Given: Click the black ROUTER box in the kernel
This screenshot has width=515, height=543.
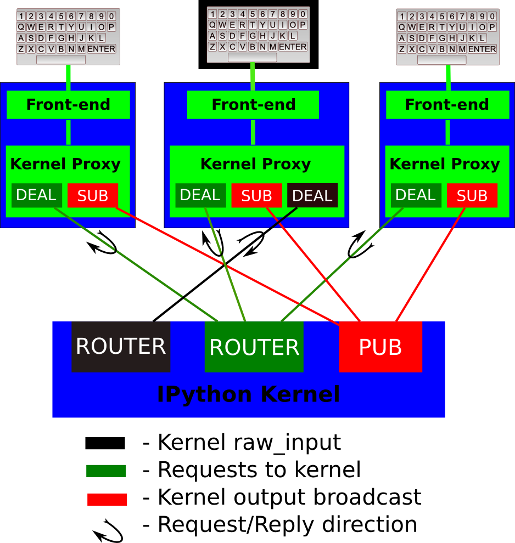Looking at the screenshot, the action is click(121, 347).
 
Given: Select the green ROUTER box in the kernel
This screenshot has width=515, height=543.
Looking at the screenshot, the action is click(254, 347).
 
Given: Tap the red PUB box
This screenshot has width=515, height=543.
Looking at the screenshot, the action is click(380, 347).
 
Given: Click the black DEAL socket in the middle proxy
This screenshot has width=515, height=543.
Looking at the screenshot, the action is click(312, 195).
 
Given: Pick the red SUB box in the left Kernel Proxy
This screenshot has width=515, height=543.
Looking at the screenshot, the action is click(93, 195).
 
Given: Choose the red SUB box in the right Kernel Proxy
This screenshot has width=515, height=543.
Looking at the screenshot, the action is click(472, 195).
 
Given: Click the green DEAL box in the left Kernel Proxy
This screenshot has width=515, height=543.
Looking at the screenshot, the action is click(36, 195).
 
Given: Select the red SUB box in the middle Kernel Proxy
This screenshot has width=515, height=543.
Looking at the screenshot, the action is click(257, 195).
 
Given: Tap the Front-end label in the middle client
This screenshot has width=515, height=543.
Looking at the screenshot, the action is click(254, 104).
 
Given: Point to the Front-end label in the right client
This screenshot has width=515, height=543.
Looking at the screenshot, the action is click(447, 104).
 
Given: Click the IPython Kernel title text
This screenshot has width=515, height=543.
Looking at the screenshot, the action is click(249, 394).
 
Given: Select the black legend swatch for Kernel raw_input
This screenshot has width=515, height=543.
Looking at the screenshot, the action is click(105, 443).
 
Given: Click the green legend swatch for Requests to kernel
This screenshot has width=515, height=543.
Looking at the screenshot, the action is click(106, 471).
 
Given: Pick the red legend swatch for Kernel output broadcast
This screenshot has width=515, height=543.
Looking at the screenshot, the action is click(107, 499).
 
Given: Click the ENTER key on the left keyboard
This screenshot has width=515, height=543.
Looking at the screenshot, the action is click(101, 49).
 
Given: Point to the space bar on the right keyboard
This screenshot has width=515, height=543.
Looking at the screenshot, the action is click(441, 60).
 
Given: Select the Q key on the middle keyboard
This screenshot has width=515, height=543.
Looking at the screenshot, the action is click(212, 25).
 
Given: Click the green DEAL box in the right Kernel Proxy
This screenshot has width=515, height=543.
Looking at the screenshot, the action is click(416, 195).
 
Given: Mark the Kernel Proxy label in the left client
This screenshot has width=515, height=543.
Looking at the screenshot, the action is click(65, 164).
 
